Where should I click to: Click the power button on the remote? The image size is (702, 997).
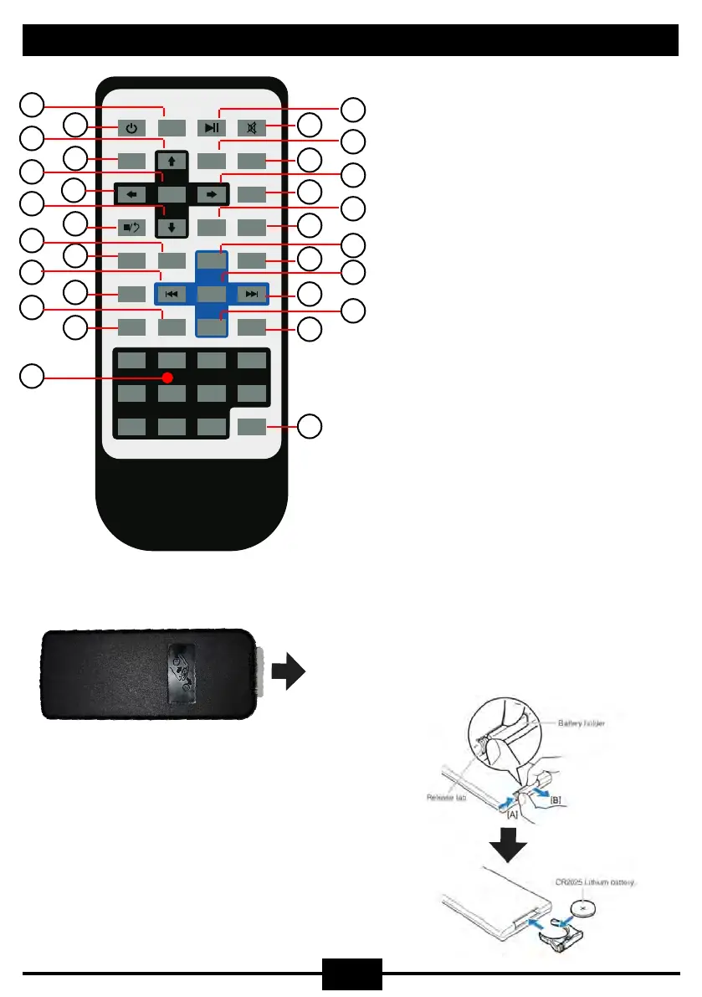pos(131,128)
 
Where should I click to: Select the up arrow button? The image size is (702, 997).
pos(170,161)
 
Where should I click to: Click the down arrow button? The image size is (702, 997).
pos(170,226)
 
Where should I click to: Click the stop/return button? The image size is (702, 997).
pos(131,226)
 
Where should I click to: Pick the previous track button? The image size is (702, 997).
pos(170,294)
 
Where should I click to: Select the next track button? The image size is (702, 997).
pos(252,294)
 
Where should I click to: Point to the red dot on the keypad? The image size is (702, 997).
pos(167,378)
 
